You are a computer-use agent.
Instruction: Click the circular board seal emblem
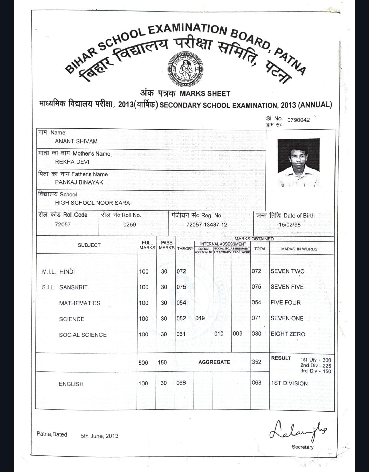(x=185, y=69)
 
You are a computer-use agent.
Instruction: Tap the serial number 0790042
(x=298, y=120)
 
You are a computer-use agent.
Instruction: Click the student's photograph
(x=299, y=162)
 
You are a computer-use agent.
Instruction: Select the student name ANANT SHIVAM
(x=76, y=141)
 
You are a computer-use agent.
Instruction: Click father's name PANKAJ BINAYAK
(x=79, y=182)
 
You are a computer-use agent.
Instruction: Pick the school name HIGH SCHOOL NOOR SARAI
(x=93, y=203)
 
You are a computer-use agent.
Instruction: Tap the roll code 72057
(x=63, y=224)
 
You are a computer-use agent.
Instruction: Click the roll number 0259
(x=129, y=225)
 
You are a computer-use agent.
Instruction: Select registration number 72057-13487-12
(x=207, y=225)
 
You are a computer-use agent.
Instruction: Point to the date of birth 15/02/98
(x=290, y=225)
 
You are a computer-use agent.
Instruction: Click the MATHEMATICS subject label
(x=80, y=303)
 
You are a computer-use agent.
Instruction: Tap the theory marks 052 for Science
(x=181, y=319)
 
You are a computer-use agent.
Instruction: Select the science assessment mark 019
(x=200, y=318)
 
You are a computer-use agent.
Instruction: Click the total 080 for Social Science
(x=256, y=334)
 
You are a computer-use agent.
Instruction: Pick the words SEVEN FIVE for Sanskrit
(x=287, y=287)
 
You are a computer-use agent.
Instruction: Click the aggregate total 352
(x=256, y=362)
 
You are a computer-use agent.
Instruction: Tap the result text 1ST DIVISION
(x=289, y=383)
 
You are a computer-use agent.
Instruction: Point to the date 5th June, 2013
(x=99, y=436)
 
